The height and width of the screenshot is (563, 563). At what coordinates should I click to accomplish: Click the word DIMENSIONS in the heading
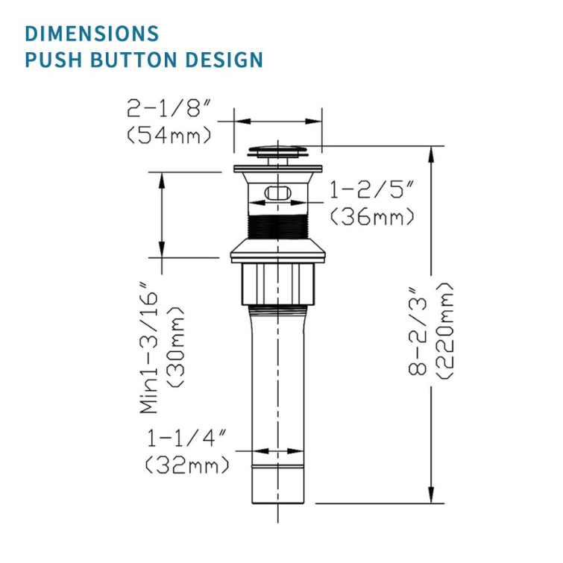(92, 34)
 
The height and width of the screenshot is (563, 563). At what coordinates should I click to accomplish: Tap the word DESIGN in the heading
(224, 60)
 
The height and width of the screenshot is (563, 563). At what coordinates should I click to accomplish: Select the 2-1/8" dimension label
(168, 107)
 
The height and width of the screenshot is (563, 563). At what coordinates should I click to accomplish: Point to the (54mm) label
(169, 135)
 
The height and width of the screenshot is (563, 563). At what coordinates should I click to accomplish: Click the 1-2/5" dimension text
(371, 189)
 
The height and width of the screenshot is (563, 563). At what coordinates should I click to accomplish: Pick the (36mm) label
(372, 216)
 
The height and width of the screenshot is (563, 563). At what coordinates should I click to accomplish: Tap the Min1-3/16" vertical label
(148, 348)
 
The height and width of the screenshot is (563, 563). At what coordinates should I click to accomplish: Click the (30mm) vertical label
(176, 347)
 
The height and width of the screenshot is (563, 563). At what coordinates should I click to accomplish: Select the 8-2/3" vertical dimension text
(418, 331)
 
